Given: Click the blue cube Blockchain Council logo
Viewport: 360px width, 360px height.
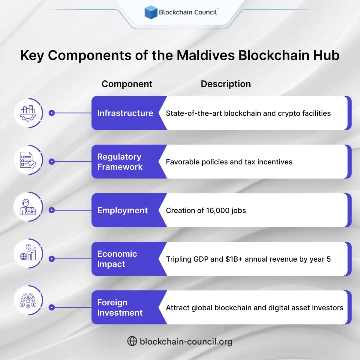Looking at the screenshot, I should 151,12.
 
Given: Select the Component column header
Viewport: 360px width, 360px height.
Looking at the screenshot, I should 127,84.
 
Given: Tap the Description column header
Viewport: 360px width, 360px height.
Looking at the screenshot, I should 226,84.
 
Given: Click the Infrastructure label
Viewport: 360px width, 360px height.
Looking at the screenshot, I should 125,113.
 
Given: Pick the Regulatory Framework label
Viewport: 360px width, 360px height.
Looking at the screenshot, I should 120,162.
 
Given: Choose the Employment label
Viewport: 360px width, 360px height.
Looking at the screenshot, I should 122,211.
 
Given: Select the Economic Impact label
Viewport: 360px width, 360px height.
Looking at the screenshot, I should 117,259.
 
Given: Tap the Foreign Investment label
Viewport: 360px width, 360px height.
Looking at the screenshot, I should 120,307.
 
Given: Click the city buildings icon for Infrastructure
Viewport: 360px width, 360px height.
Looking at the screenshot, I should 28,113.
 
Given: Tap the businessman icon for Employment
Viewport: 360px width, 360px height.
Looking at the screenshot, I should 28,207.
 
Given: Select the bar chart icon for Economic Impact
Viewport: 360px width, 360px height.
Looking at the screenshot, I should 28,253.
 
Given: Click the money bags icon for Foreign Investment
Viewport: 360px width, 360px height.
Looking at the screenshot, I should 28,301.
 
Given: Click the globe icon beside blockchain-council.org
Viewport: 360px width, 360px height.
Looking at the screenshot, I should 132,341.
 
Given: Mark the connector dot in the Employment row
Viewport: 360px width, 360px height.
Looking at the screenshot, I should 52,210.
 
